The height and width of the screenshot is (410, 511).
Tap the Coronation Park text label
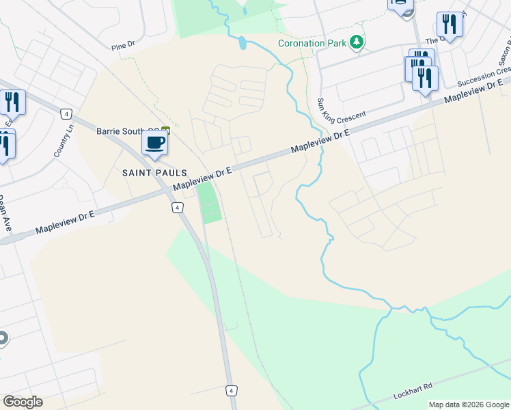point(312,44)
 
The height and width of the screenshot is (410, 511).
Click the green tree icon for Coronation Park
point(355,44)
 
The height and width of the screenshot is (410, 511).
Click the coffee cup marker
point(154,143)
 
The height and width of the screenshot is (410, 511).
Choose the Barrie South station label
point(127,130)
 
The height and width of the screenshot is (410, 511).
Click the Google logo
point(23,402)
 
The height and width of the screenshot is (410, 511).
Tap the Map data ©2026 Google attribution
point(469,405)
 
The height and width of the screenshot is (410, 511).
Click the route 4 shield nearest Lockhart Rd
point(232,390)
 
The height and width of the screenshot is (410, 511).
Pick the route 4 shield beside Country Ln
point(66,113)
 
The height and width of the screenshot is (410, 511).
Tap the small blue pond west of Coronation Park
point(243,43)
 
